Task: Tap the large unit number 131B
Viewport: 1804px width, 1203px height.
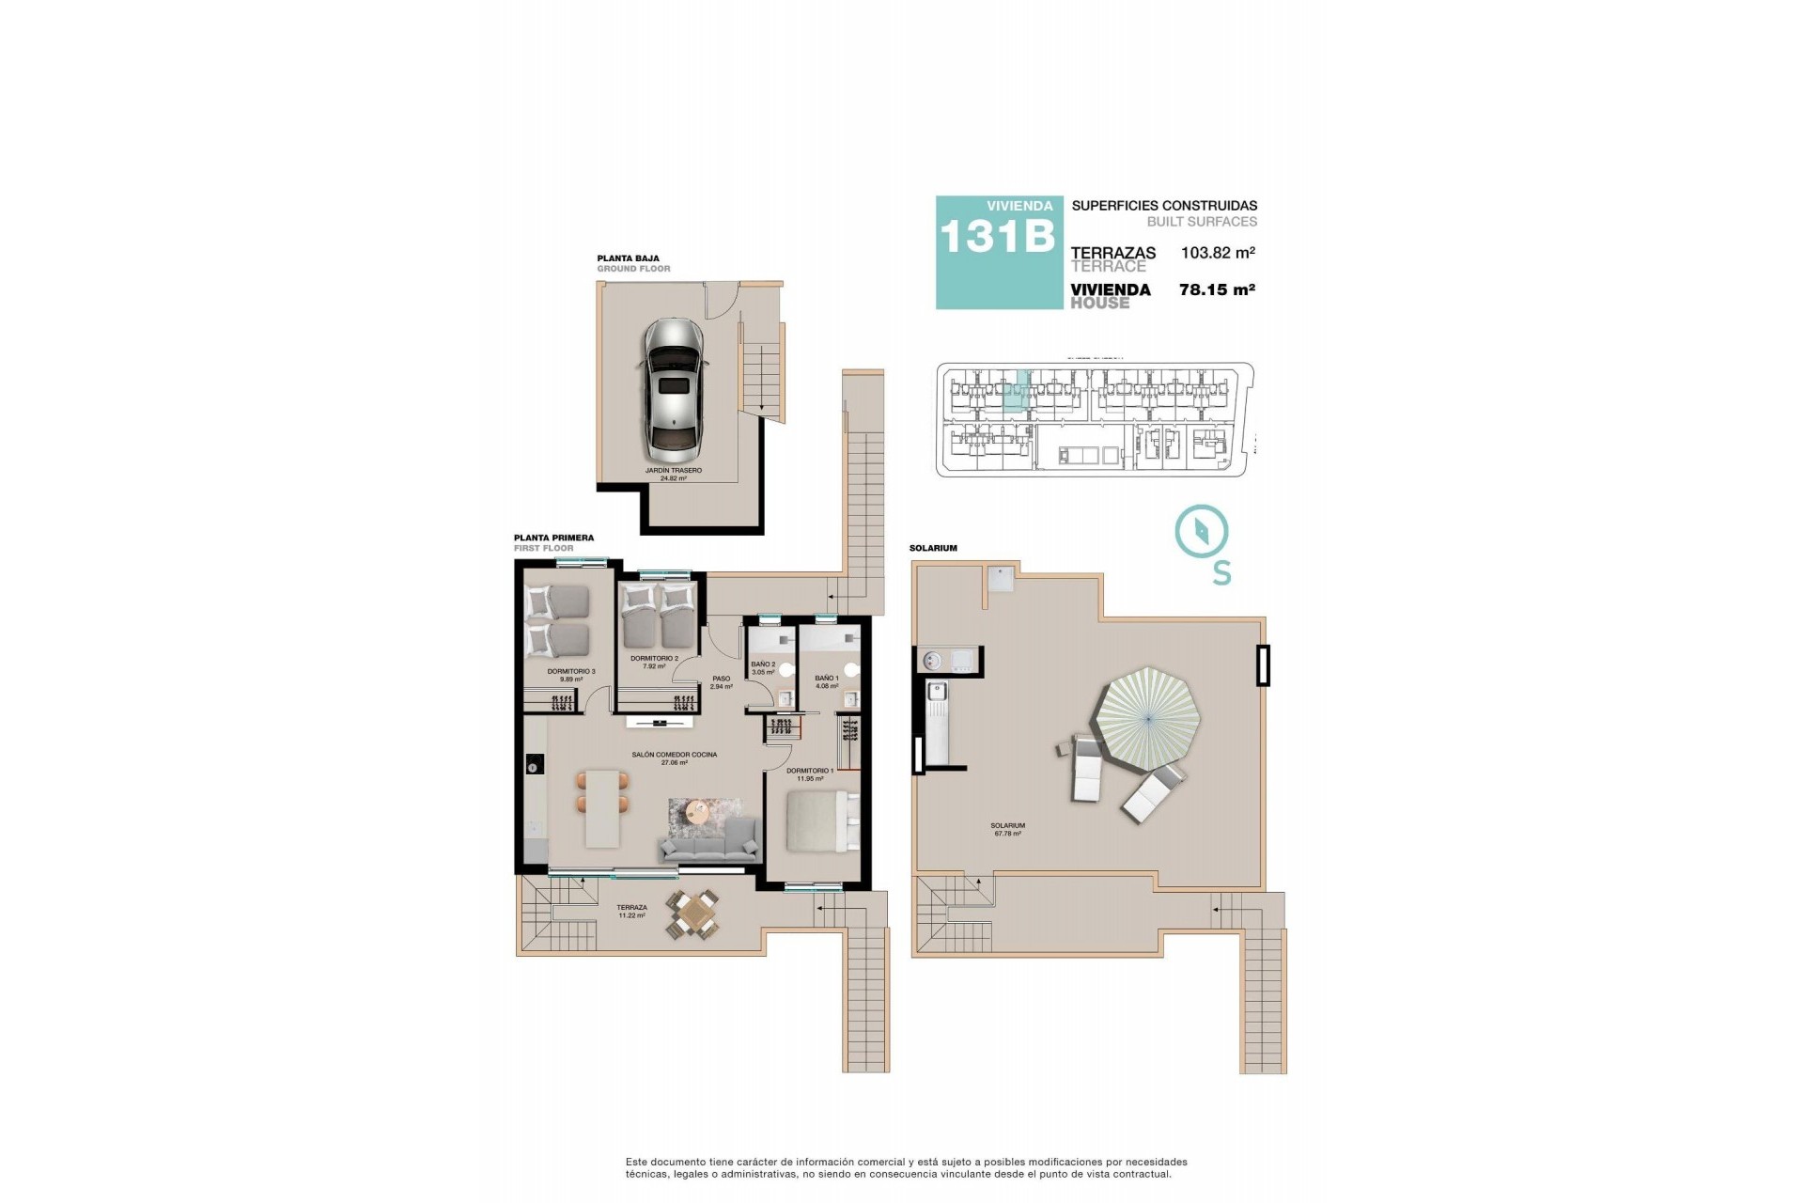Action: [996, 237]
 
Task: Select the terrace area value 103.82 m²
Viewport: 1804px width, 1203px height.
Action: [1218, 253]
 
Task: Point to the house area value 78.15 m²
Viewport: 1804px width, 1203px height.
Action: [1217, 289]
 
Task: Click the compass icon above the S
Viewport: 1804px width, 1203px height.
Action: [1202, 532]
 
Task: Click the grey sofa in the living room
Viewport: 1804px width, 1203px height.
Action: [710, 841]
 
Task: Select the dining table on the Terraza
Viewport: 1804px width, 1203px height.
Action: [695, 914]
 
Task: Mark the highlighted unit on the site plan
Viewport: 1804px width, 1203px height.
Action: [1014, 393]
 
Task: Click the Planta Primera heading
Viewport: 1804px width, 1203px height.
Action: [553, 539]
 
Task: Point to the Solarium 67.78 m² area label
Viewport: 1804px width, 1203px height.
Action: [1007, 829]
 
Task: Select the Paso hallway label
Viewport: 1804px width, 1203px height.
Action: [721, 682]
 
